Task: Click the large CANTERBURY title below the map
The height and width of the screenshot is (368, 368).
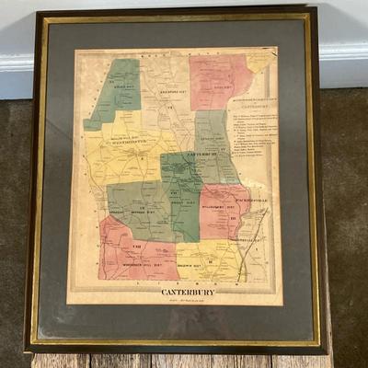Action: (189, 293)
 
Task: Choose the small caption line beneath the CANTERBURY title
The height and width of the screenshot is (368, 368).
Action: (189, 301)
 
